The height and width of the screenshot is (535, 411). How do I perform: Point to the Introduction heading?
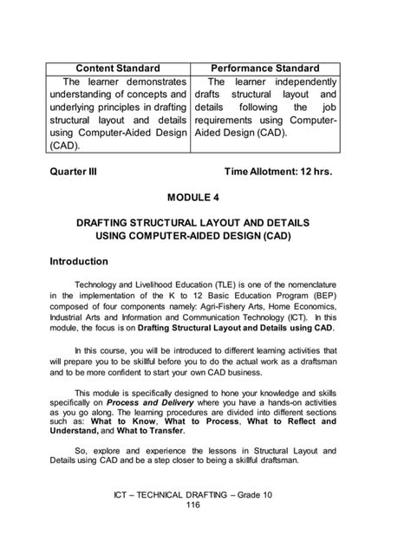click(x=78, y=261)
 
